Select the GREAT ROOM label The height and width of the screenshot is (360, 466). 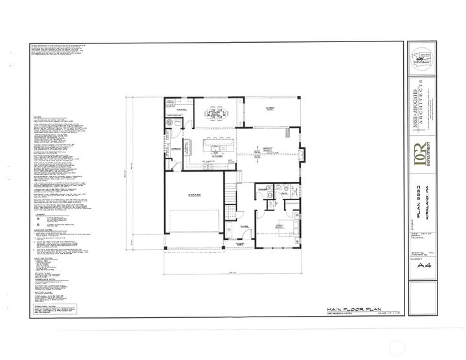(x=266, y=151)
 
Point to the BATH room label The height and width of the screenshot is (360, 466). (x=283, y=192)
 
